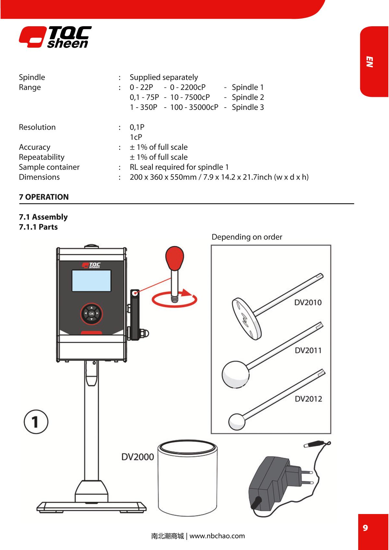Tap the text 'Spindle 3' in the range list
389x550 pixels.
(x=248, y=107)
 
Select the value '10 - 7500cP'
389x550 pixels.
(x=190, y=97)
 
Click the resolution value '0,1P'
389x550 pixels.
(x=137, y=127)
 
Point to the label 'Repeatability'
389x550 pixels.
(x=41, y=157)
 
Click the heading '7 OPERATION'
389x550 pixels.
(x=44, y=197)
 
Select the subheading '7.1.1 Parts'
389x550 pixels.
(x=38, y=227)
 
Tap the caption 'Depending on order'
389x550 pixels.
(x=247, y=237)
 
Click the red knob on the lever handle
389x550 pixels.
(x=175, y=257)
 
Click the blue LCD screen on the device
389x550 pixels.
(x=91, y=280)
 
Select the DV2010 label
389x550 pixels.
(x=308, y=302)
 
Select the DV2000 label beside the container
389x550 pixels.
(x=137, y=457)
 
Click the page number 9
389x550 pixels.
(x=365, y=528)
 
